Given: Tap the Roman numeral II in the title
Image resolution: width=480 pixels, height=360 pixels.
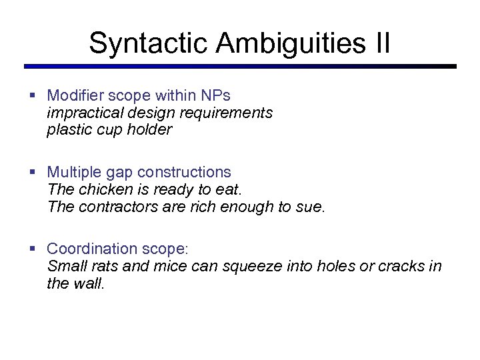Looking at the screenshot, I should (381, 43).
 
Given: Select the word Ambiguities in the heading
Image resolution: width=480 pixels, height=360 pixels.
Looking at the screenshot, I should (290, 43).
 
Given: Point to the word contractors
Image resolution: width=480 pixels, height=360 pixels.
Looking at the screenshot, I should (119, 207).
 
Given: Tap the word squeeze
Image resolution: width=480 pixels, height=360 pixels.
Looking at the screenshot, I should (250, 267).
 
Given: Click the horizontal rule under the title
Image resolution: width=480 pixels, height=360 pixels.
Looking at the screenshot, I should (240, 67).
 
